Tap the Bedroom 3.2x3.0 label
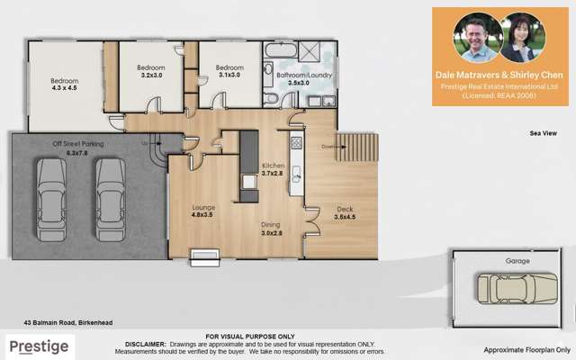pyautogui.click(x=150, y=73)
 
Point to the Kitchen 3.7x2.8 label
pyautogui.click(x=274, y=170)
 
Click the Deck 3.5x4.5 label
pyautogui.click(x=346, y=212)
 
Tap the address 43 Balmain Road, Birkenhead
pyautogui.click(x=67, y=322)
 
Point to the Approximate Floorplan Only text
pyautogui.click(x=527, y=349)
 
